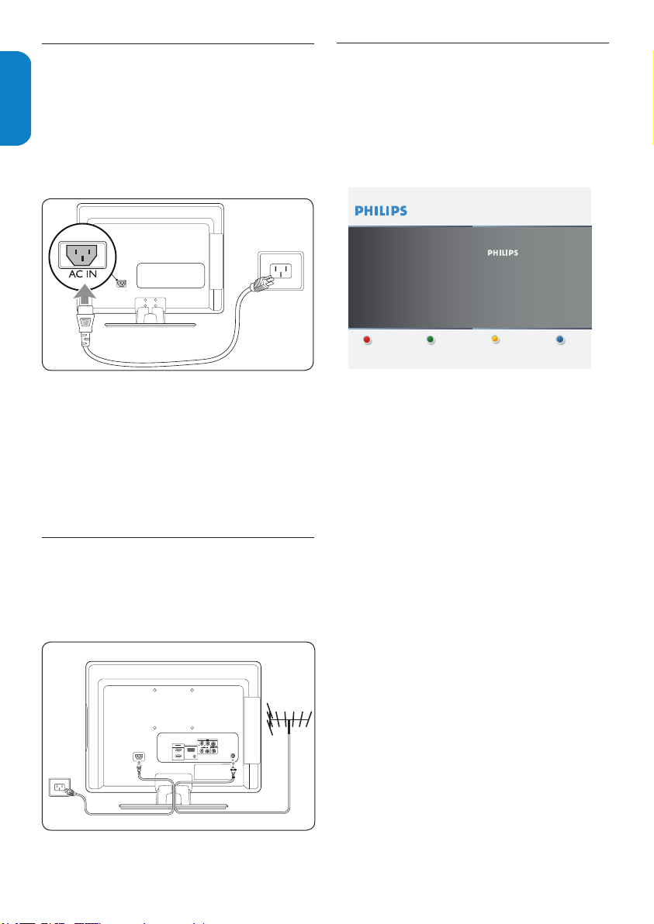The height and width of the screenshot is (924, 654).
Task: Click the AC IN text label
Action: point(82,274)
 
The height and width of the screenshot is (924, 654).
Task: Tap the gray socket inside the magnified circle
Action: point(82,255)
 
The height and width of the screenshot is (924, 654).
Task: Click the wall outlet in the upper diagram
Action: point(282,271)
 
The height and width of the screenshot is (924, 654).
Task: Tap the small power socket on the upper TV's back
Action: point(122,283)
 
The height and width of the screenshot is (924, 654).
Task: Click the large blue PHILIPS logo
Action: point(381,211)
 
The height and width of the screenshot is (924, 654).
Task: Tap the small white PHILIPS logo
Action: point(503,253)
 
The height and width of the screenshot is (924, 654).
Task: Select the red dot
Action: point(367,340)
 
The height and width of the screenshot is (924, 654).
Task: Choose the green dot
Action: point(431,340)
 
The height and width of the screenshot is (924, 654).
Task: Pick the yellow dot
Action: point(496,340)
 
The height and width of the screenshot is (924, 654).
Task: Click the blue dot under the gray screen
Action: point(560,340)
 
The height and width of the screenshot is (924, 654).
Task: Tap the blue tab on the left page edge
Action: point(15,98)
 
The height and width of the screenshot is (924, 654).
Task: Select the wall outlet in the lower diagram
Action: point(58,787)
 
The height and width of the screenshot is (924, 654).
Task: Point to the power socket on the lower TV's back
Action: point(139,757)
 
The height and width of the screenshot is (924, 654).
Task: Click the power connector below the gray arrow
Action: point(85,326)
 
